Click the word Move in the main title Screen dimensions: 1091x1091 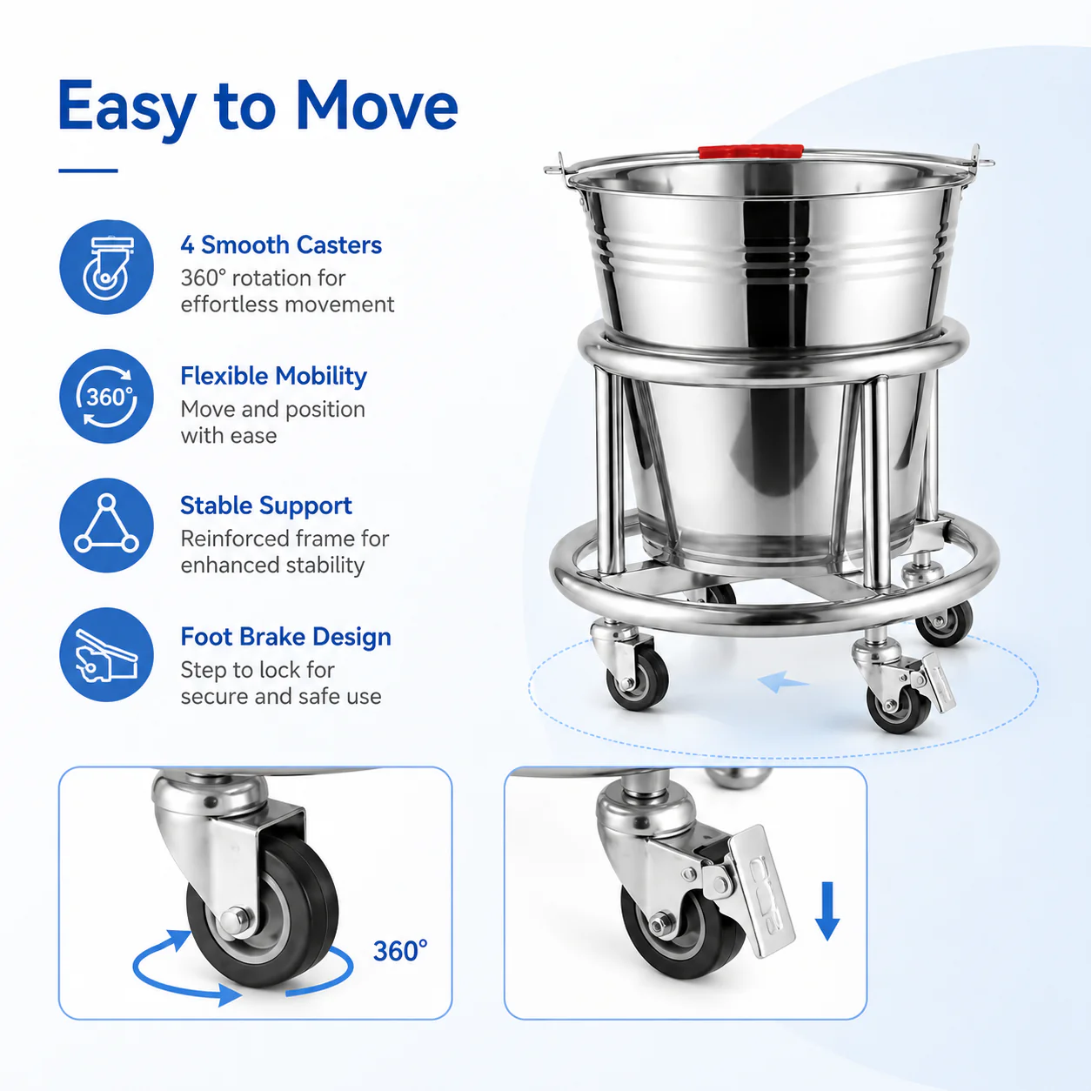[377, 106]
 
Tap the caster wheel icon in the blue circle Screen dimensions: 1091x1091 [106, 267]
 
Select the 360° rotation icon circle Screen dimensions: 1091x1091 [106, 397]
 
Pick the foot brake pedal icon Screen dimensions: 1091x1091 [106, 655]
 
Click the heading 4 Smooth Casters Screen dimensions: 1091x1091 [281, 245]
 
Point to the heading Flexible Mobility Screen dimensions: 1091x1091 [273, 376]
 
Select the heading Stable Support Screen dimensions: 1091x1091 [266, 505]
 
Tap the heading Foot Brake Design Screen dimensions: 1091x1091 [286, 637]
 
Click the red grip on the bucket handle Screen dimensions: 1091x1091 [751, 151]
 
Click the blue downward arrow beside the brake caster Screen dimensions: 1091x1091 [827, 911]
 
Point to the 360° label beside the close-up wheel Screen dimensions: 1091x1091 [400, 951]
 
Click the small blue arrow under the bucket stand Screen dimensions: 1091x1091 [783, 682]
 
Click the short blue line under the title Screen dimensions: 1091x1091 [89, 171]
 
